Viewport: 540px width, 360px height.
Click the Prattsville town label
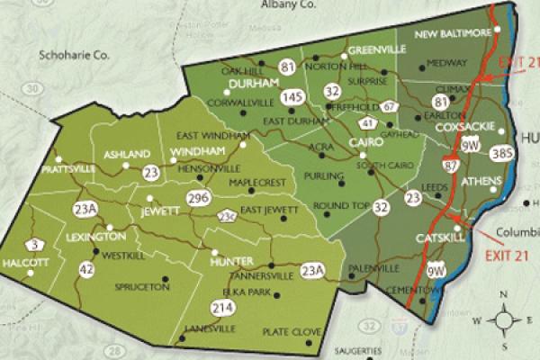[x=68, y=169]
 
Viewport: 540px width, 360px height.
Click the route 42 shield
[x=86, y=267]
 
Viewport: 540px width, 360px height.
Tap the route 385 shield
[x=502, y=154]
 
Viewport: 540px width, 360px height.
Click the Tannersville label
[x=262, y=276]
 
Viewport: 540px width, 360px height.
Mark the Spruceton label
[x=143, y=287]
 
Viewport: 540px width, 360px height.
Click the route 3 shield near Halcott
[x=34, y=244]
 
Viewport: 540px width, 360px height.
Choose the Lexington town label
[x=95, y=237]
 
